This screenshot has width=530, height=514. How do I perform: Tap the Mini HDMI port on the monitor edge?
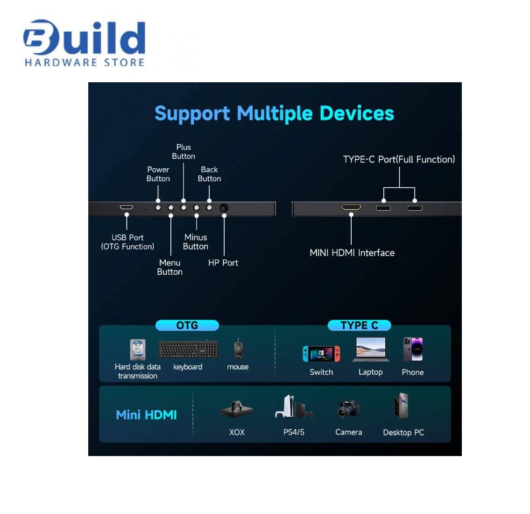click(351, 207)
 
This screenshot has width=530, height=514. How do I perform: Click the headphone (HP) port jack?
click(224, 207)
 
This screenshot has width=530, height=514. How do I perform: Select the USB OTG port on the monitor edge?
click(127, 207)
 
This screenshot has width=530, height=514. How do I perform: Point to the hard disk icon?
click(137, 350)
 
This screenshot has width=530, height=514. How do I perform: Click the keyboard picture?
click(188, 350)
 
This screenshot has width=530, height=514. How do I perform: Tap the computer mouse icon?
click(238, 349)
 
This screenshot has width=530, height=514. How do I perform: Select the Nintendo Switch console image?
click(321, 354)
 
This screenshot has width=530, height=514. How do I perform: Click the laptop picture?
click(371, 350)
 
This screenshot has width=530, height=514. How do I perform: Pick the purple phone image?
click(413, 349)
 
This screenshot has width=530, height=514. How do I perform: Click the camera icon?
click(348, 409)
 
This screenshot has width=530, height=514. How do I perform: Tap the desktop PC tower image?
click(401, 406)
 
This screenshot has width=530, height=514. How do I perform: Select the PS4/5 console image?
click(294, 407)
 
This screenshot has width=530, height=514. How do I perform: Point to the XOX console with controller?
click(237, 409)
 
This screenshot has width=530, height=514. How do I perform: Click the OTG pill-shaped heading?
click(187, 325)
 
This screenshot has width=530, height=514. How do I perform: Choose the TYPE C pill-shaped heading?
click(359, 325)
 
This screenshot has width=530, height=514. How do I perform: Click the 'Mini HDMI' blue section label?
click(146, 415)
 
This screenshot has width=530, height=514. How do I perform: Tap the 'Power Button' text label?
click(158, 174)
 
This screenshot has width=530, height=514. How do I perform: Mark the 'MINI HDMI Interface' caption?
click(352, 253)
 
